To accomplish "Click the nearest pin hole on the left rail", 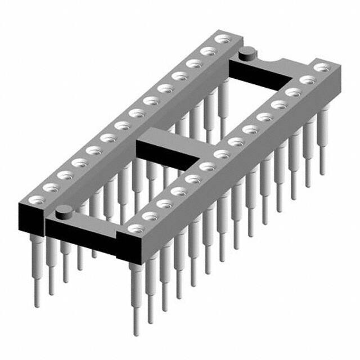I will tap(37, 199).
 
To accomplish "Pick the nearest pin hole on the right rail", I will tap(136, 228).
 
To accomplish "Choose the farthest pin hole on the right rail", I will tap(321, 67).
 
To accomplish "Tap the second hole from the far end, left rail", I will tap(209, 52).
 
